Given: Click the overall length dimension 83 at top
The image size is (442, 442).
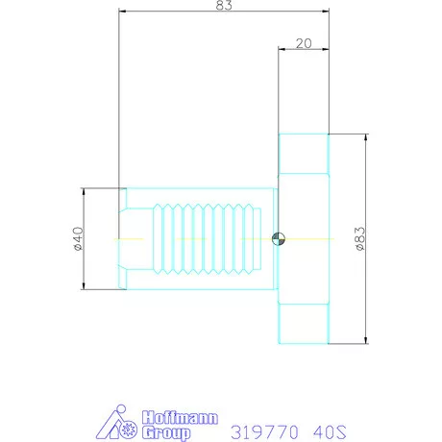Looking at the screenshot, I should pyautogui.click(x=223, y=6).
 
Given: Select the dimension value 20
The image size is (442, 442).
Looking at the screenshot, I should pyautogui.click(x=303, y=42).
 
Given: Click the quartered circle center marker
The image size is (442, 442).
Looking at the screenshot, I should pyautogui.click(x=278, y=238).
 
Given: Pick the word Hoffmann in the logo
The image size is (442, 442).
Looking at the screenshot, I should pyautogui.click(x=180, y=418).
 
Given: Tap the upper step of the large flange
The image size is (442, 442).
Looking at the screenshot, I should pyautogui.click(x=303, y=153).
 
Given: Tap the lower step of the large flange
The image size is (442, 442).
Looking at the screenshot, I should pyautogui.click(x=303, y=324).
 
